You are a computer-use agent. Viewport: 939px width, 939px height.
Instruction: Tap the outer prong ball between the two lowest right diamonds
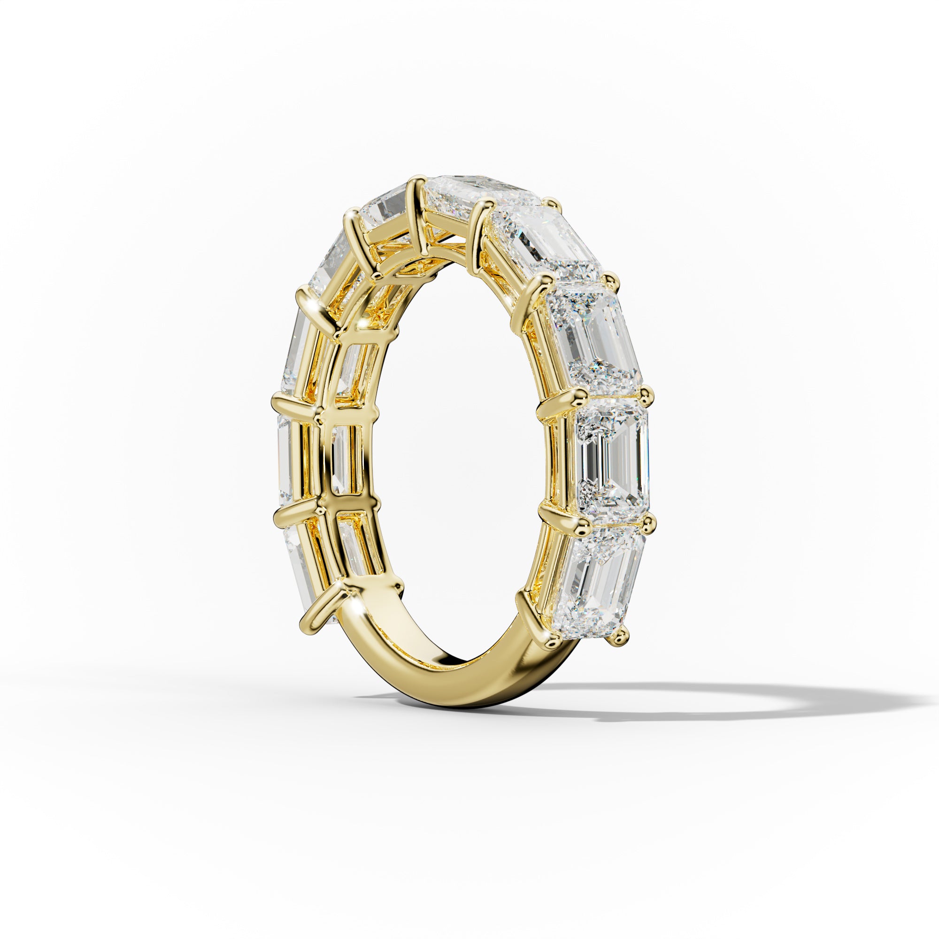647,523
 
